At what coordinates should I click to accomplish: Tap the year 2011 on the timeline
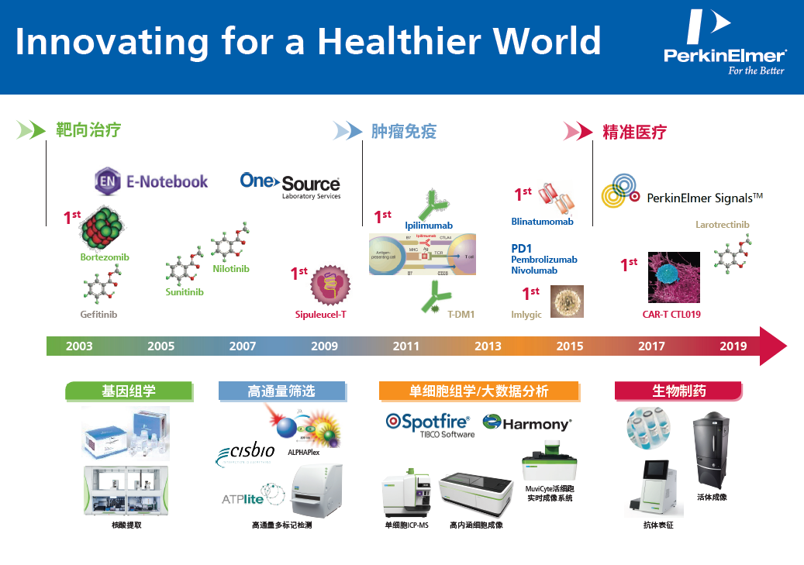point(406,346)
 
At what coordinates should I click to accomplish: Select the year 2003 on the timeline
point(79,346)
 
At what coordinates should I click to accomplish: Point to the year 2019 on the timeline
point(733,346)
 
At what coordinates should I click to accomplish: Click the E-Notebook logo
point(151,181)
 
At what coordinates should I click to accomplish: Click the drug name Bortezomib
point(105,257)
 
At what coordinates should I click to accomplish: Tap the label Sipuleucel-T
point(320,315)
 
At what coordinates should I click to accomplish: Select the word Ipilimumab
point(429,226)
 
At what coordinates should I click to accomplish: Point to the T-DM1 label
point(461,315)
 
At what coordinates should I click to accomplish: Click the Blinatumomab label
point(542,222)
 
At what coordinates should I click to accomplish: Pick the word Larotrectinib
point(723,225)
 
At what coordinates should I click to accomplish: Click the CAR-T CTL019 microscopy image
point(674,277)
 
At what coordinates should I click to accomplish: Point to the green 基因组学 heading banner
point(128,391)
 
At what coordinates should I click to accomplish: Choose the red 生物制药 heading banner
point(678,391)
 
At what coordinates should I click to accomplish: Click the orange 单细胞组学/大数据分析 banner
point(478,391)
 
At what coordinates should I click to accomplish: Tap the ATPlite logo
point(244,498)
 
